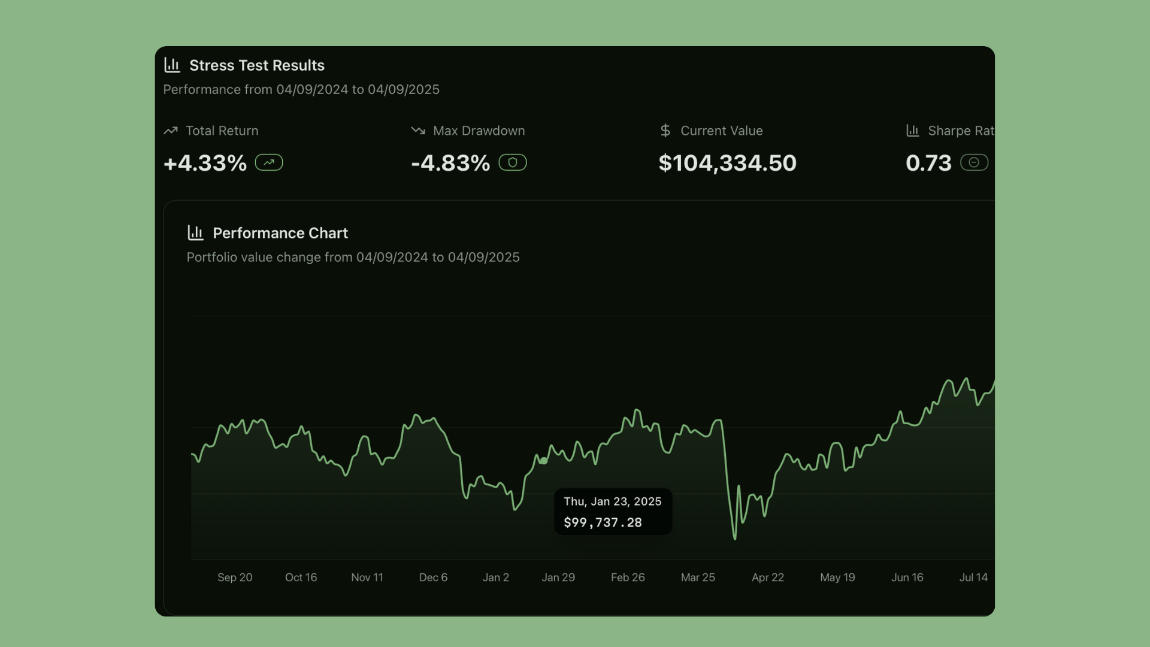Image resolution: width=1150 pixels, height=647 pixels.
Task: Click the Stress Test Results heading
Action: pos(256,65)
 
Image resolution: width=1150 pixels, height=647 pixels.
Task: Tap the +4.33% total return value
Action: pos(205,163)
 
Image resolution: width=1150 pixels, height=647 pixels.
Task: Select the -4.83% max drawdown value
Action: pos(450,163)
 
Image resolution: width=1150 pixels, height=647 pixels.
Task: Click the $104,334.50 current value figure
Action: pos(727,163)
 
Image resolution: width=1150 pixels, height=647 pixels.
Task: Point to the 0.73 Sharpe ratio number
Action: pos(928,163)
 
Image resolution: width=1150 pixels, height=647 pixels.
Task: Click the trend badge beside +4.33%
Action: pos(269,162)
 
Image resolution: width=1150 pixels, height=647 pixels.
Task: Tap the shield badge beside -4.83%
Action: pos(513,162)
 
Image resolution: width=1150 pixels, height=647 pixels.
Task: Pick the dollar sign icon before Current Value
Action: pos(665,131)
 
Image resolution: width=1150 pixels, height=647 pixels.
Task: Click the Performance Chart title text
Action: pos(280,233)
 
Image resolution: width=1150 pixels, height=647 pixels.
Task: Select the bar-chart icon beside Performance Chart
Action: pos(195,232)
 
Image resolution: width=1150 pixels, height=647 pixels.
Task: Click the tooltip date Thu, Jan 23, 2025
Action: pos(612,501)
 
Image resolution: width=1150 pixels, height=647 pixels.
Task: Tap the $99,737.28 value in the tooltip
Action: pos(603,522)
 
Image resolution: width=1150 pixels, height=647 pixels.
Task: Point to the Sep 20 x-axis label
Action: pos(235,578)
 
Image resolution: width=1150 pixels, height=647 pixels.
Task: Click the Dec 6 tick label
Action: pos(433,578)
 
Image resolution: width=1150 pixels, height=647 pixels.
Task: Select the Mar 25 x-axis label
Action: pos(698,578)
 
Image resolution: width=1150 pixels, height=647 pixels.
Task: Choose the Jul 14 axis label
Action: pos(973,578)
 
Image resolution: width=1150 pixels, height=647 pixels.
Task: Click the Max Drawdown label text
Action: pos(479,131)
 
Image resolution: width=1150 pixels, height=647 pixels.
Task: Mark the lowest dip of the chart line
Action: pos(735,538)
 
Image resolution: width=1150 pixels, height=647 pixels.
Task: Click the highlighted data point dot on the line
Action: pos(543,461)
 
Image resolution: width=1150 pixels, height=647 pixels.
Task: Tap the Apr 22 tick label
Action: pos(768,578)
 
